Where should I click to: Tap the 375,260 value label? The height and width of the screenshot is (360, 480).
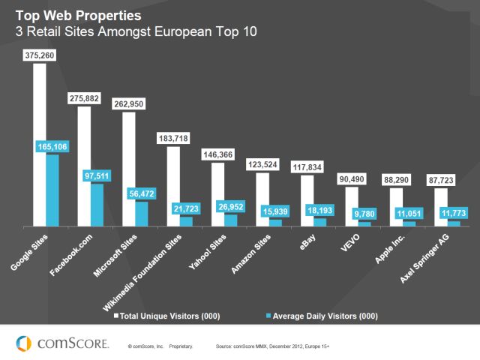tap(40, 55)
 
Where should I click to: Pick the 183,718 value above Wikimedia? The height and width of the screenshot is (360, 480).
tap(173, 138)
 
